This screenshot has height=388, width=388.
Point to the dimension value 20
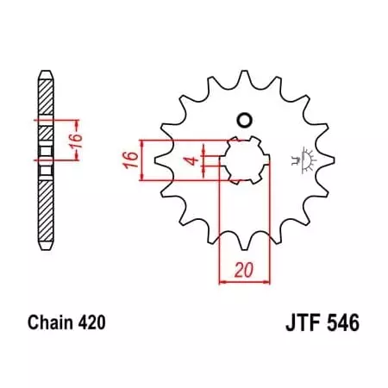tap(246, 270)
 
